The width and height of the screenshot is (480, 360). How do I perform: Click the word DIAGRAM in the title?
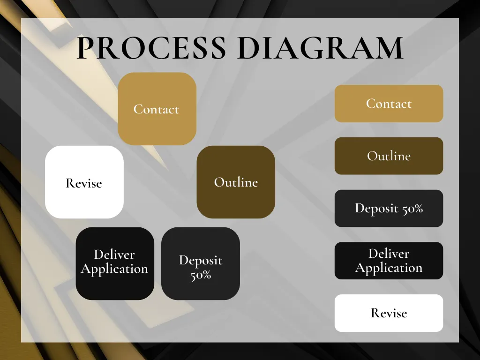coord(321,48)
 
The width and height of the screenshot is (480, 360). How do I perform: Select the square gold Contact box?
coord(157,109)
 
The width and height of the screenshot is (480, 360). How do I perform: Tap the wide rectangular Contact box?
coord(389,104)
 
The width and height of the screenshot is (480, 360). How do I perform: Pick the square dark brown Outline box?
coord(236,182)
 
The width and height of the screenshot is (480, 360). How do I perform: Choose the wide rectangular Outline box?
coord(389,156)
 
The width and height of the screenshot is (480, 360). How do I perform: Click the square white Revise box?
coord(84,182)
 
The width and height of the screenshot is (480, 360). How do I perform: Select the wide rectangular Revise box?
coord(389,313)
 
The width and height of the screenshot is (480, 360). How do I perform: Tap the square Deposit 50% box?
coord(201,263)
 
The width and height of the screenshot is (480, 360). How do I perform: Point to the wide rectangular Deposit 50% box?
coord(389,208)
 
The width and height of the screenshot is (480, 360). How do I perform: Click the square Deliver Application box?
coord(115,263)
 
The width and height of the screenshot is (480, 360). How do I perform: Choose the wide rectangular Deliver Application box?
coord(389,261)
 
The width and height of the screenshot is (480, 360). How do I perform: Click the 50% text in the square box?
coord(201,275)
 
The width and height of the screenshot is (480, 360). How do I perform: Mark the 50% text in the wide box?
coord(412,208)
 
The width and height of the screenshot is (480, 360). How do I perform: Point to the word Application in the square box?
coord(114,269)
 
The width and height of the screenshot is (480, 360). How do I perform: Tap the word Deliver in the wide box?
coord(389,254)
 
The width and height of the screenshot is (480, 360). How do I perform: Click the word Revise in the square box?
coord(84,183)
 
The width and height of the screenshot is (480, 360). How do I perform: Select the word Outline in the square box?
coord(236,182)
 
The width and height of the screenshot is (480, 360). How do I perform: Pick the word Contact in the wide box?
coord(389,104)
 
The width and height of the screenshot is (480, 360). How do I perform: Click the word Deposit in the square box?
coord(201,260)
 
